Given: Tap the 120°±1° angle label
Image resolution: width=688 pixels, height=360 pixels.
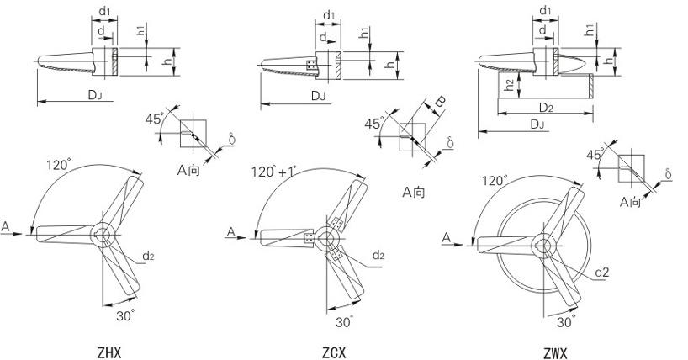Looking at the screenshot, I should [x=273, y=172].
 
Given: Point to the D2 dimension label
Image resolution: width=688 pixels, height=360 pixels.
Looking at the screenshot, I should [x=545, y=107].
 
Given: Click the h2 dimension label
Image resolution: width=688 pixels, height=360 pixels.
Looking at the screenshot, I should [x=507, y=83].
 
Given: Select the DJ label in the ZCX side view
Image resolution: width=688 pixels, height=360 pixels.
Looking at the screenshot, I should [x=317, y=96].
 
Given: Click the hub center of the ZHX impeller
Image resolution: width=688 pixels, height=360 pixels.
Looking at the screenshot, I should [x=104, y=235].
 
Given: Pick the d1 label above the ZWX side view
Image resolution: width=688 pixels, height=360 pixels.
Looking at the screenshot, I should [x=545, y=10].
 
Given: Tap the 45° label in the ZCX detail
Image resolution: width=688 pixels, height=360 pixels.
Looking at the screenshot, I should [x=373, y=124].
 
